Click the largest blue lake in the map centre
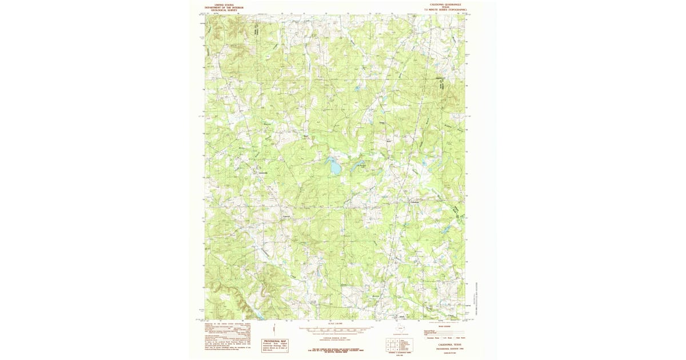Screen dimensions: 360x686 [332, 167]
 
